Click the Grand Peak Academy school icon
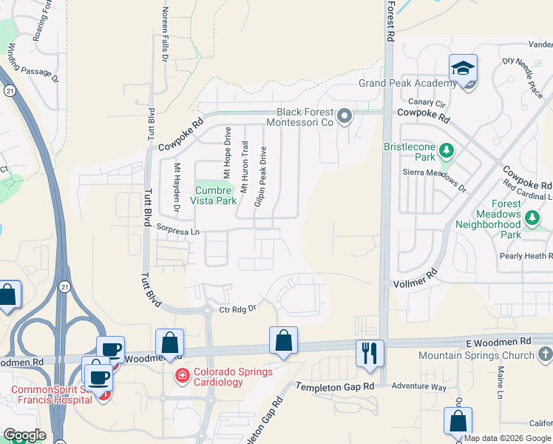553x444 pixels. click(x=464, y=69)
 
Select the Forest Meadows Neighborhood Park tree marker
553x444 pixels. click(x=532, y=217)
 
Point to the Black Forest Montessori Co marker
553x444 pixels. click(x=344, y=116)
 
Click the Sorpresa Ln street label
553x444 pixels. click(x=179, y=232)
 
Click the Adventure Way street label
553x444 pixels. click(x=418, y=387)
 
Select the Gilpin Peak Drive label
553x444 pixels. click(x=260, y=176)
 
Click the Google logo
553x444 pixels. click(x=24, y=435)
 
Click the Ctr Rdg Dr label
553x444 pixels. click(x=237, y=309)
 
